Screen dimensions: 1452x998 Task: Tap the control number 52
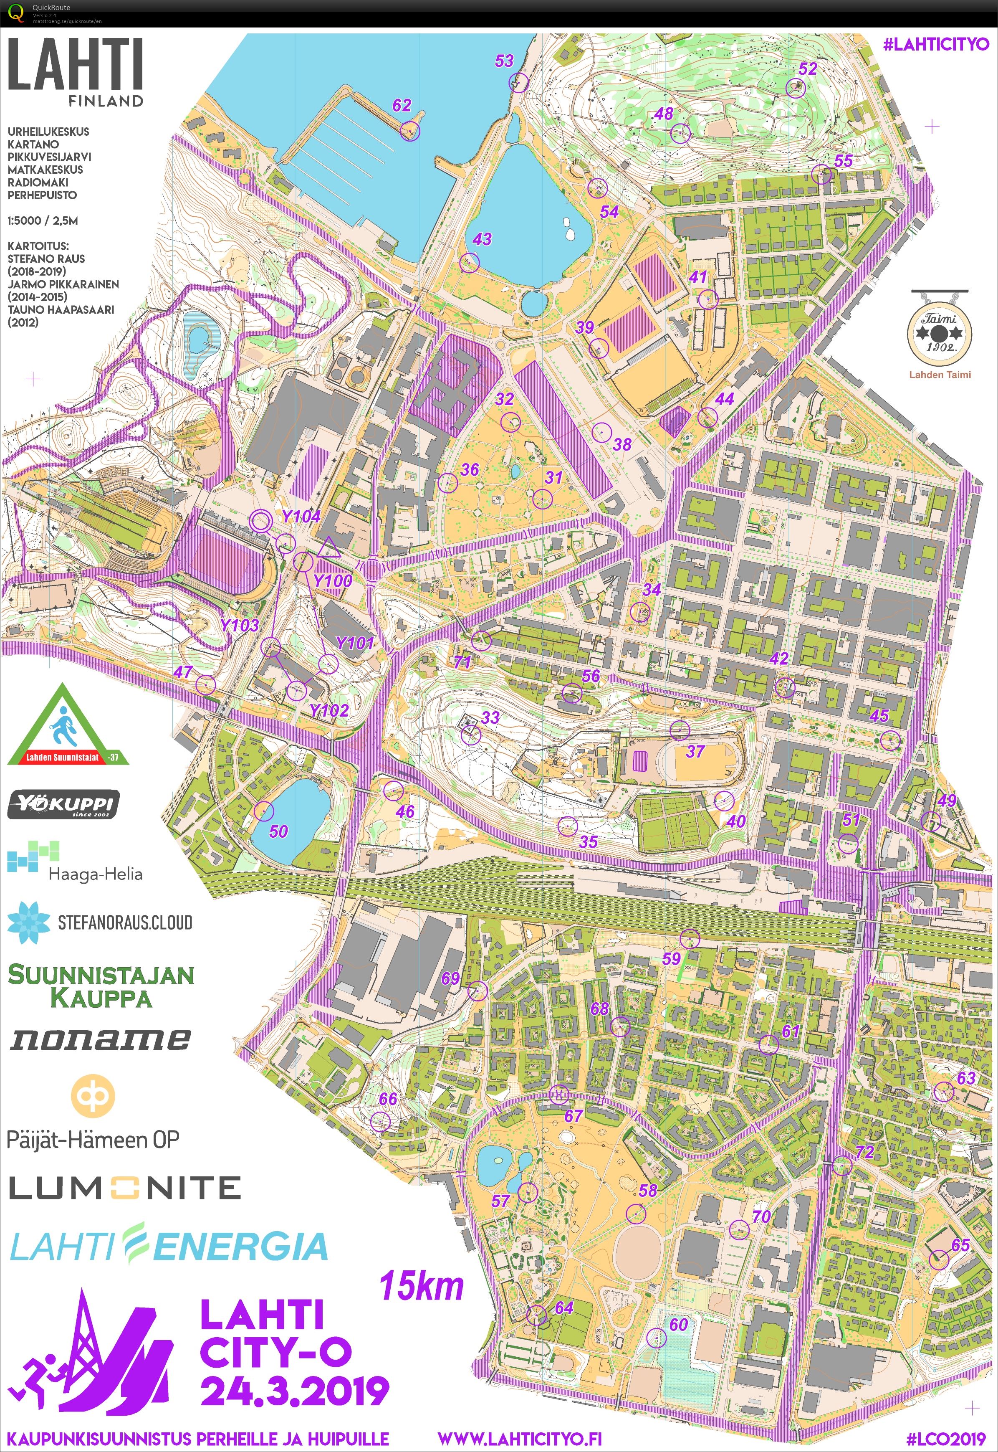(x=808, y=69)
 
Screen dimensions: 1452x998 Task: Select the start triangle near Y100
(x=328, y=547)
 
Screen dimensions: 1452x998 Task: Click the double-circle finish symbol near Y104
(x=261, y=520)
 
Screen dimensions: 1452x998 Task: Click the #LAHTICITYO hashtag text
(x=936, y=44)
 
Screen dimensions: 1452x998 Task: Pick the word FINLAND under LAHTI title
(x=106, y=101)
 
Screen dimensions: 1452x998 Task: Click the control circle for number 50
(x=264, y=811)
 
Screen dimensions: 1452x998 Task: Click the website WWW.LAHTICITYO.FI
(x=519, y=1438)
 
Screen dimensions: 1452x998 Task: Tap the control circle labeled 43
(x=469, y=263)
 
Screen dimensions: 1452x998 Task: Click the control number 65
(x=960, y=1244)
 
